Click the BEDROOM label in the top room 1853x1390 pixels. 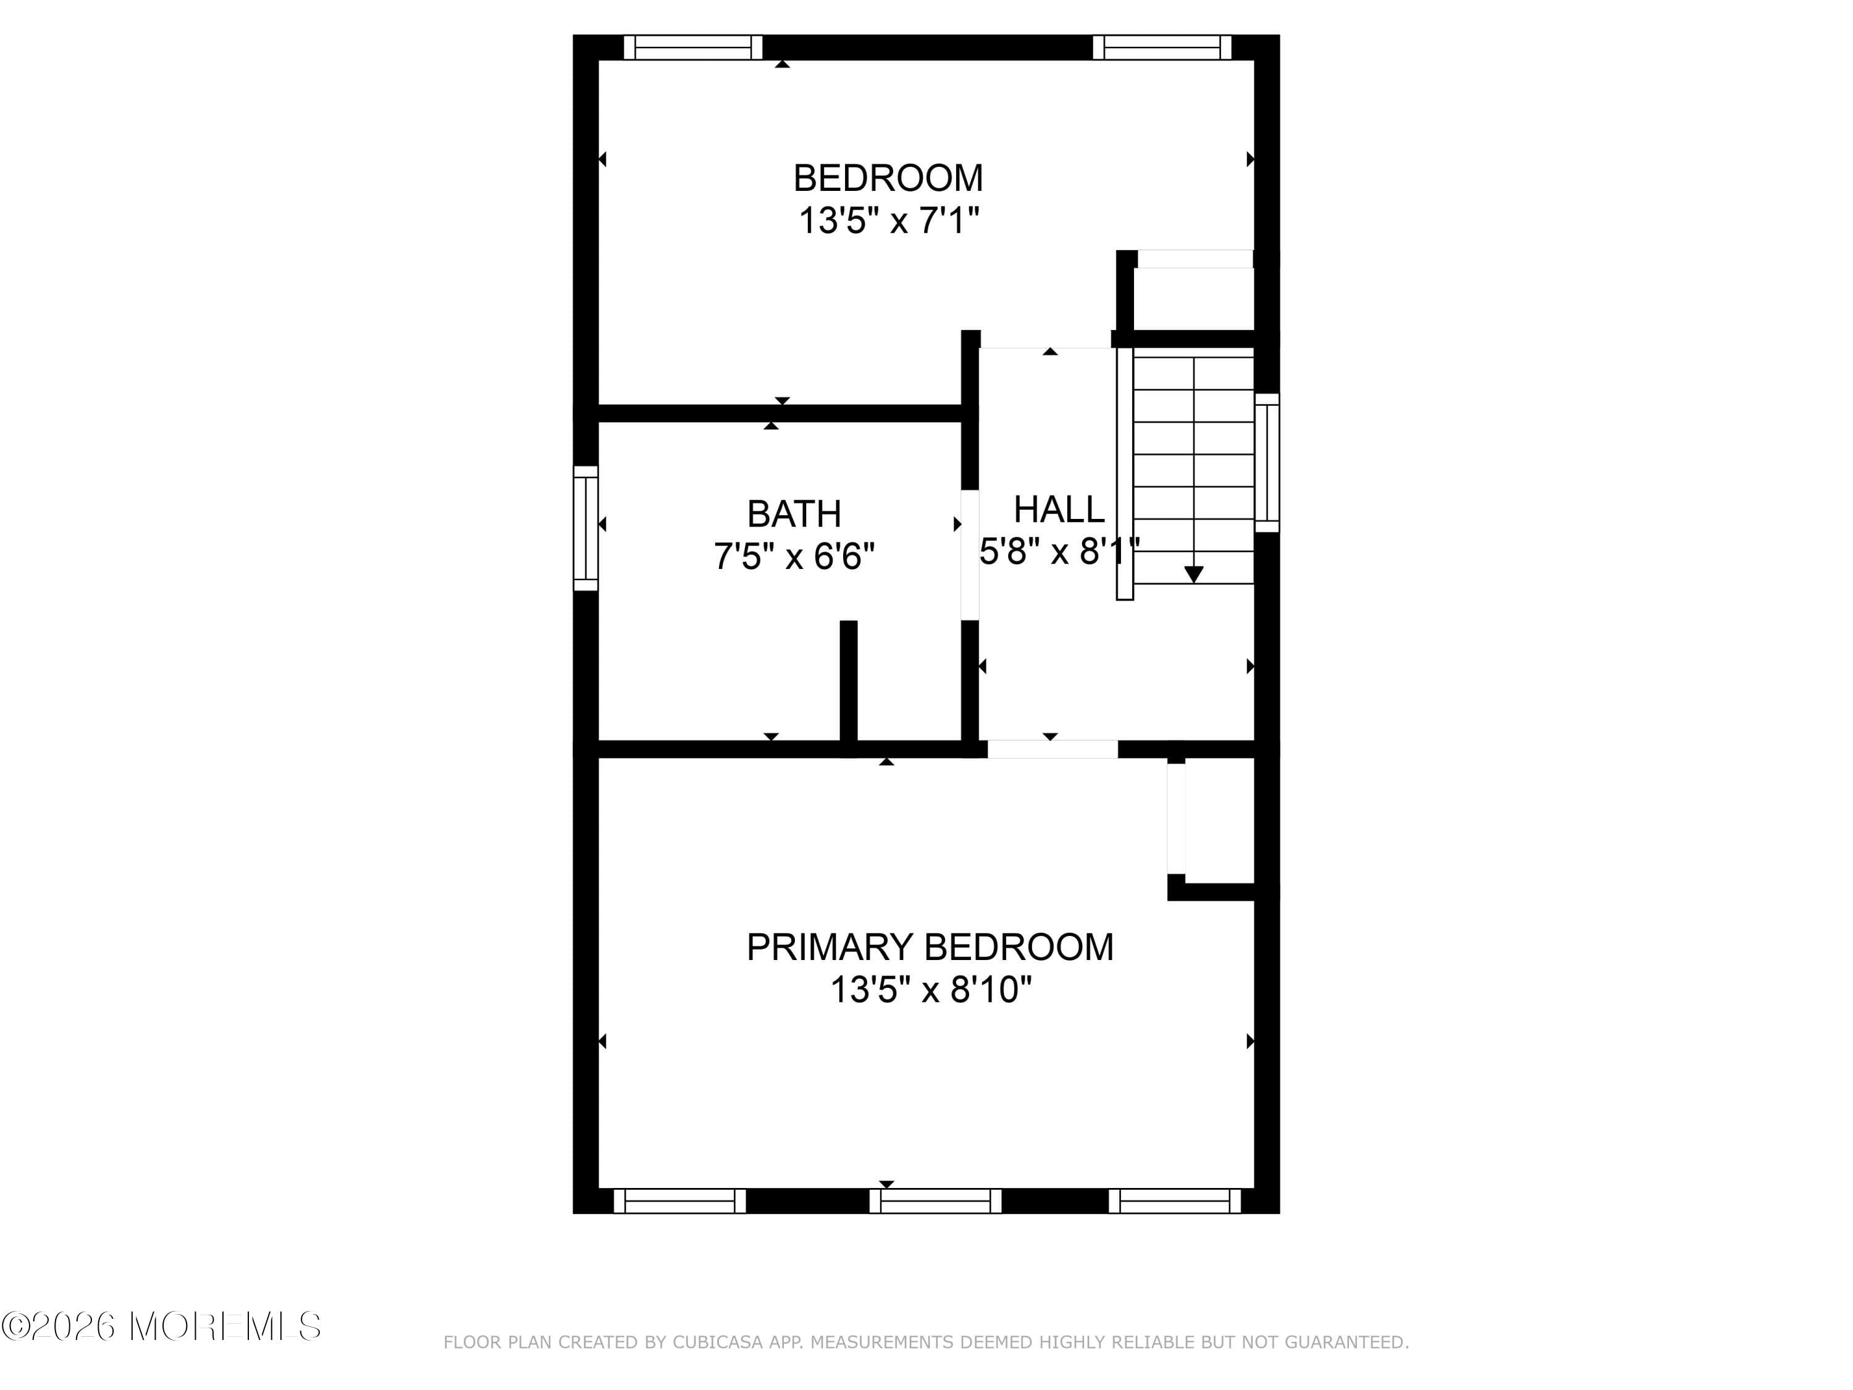[x=888, y=178]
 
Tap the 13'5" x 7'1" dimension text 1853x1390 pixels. [x=889, y=221]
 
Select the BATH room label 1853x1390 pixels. [x=793, y=513]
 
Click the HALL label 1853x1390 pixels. [x=1059, y=510]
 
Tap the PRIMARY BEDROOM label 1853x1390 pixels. [x=930, y=947]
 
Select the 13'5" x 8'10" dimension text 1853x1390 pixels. [x=930, y=990]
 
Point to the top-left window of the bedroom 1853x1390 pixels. [x=693, y=48]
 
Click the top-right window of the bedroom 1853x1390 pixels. [x=1162, y=48]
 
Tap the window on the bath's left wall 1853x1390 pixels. [x=586, y=528]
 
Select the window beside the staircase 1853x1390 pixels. [x=1267, y=463]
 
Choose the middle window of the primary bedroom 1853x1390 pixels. [x=935, y=1200]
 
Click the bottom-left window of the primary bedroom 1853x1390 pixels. [x=679, y=1200]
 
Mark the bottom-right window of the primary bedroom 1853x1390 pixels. [x=1174, y=1200]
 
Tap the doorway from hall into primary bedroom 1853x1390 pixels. [x=1052, y=749]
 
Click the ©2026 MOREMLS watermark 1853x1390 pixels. [x=161, y=1326]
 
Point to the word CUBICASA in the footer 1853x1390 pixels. [x=718, y=1342]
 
